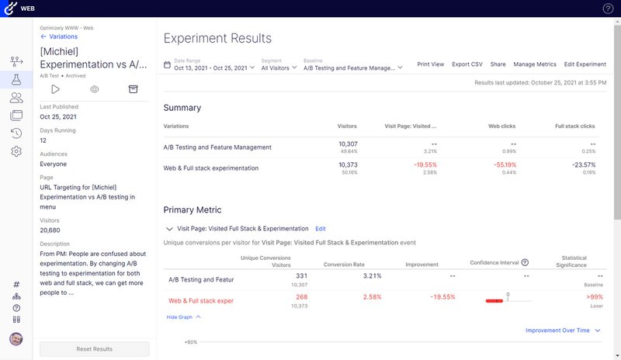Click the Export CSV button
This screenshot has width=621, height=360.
467,64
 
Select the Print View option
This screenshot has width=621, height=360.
430,64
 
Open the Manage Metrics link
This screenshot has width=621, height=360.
535,64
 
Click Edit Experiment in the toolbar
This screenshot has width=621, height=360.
585,64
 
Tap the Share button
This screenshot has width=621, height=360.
498,64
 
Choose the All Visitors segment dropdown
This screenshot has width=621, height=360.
279,67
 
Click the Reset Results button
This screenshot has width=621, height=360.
94,349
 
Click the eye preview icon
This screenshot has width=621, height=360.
94,89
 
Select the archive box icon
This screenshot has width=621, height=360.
133,89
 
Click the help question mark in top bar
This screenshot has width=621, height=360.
608,9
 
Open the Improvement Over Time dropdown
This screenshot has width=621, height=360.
563,331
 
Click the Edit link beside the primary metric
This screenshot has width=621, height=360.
321,229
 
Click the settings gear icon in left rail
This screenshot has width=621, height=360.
16,151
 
